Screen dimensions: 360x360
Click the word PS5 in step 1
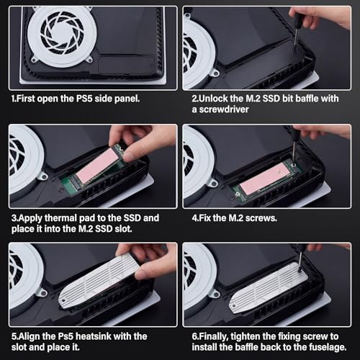[84, 99]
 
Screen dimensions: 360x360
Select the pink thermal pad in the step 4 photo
[266, 178]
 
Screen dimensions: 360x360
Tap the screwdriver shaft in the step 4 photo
[294, 152]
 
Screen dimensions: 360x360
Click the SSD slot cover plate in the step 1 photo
[127, 65]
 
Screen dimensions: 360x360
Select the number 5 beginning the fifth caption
[14, 336]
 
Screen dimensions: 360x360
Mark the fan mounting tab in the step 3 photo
[43, 178]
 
